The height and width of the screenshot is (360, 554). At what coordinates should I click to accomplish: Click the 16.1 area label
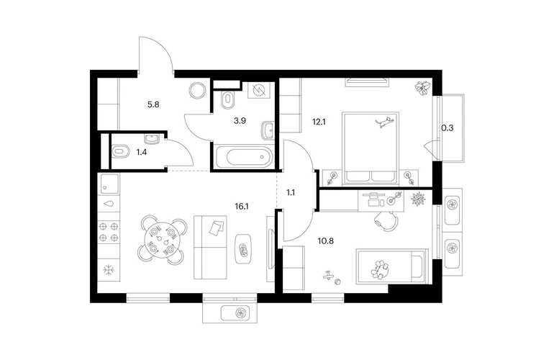[242, 206]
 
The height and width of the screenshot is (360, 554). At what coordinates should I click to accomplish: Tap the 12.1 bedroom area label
[319, 122]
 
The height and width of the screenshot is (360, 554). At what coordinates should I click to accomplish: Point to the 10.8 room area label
[325, 241]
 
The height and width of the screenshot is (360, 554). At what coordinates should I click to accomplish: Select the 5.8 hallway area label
[153, 104]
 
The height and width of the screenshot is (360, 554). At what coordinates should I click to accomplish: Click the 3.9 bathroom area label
[240, 121]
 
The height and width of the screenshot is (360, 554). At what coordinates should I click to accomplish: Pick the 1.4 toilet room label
[141, 153]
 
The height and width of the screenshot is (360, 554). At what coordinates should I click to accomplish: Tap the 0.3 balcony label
[448, 128]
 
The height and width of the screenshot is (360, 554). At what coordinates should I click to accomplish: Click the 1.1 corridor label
[291, 193]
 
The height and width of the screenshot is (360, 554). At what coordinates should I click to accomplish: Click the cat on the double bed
[384, 122]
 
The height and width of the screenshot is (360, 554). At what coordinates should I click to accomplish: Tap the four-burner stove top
[109, 232]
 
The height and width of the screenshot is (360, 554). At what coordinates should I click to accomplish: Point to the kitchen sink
[109, 183]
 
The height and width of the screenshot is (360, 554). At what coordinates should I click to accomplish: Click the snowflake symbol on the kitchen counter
[109, 271]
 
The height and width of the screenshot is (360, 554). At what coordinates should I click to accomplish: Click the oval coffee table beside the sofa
[243, 248]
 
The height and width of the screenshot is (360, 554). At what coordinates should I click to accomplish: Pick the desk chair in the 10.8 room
[386, 222]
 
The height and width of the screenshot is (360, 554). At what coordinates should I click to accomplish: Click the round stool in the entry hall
[197, 91]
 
